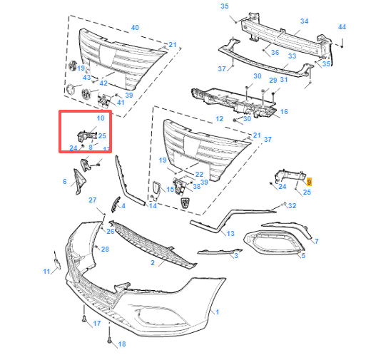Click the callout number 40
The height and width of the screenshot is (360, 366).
click(x=134, y=28)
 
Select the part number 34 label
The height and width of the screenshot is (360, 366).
click(x=304, y=21)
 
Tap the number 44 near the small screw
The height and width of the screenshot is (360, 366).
click(x=342, y=27)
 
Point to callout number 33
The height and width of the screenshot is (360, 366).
click(x=292, y=56)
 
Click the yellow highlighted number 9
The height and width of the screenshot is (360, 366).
click(x=319, y=182)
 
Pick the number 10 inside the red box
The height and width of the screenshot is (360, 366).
click(x=100, y=118)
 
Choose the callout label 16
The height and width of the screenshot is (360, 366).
click(x=284, y=112)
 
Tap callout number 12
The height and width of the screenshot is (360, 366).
click(x=219, y=118)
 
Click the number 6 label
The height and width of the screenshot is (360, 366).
click(x=64, y=182)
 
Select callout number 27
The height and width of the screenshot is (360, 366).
click(x=92, y=200)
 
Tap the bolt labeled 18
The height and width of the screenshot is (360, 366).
click(x=109, y=341)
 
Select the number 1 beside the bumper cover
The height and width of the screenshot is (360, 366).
click(x=217, y=312)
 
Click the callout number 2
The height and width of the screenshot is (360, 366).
click(x=152, y=263)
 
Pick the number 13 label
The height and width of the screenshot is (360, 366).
click(x=230, y=234)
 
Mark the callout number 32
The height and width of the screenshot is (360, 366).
click(x=293, y=206)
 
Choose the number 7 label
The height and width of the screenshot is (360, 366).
click(x=316, y=241)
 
